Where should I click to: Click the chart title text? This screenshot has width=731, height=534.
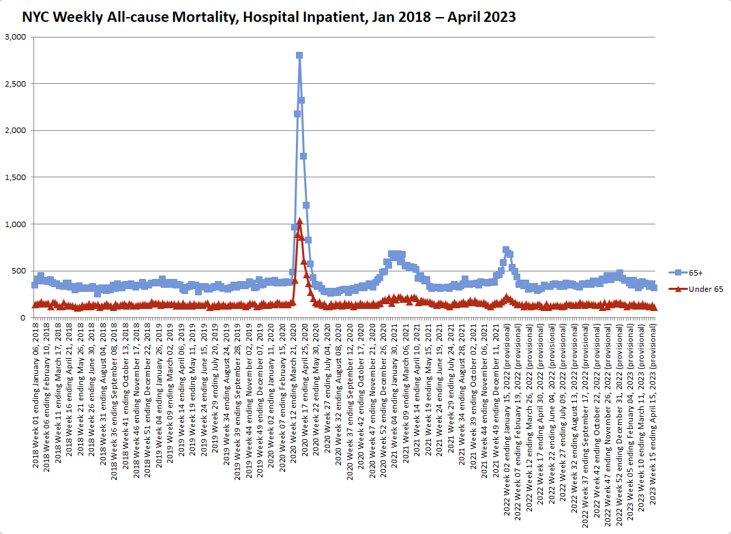point(269,17)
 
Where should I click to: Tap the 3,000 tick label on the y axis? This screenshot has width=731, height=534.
point(15,37)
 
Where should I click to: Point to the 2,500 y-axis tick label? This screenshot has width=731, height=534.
point(15,84)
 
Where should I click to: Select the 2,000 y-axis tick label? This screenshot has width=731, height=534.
point(15,130)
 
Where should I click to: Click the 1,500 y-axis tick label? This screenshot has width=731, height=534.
point(15,177)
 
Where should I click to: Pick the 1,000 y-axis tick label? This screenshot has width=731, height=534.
point(15,224)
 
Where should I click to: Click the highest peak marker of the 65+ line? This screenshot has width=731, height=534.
point(299,55)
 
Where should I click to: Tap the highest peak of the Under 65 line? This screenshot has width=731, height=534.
point(299,221)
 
